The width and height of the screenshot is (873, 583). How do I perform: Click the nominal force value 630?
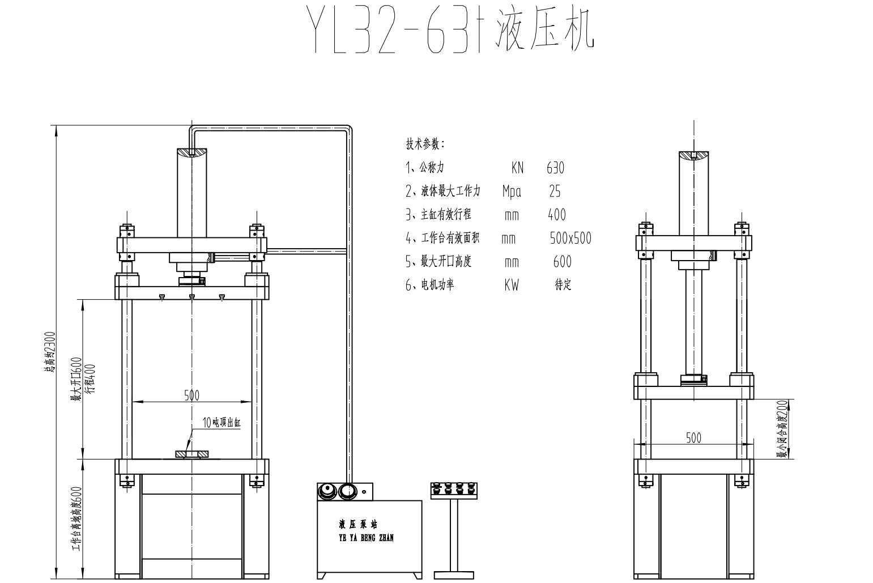(555, 168)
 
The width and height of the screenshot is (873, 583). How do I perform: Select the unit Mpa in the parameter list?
(511, 192)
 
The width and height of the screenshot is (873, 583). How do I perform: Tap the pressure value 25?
(555, 192)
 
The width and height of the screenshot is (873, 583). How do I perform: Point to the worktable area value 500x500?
(570, 238)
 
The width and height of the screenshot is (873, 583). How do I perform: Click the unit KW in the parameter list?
(511, 285)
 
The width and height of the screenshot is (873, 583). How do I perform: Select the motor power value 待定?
(563, 285)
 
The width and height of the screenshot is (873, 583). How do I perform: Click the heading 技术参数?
(425, 144)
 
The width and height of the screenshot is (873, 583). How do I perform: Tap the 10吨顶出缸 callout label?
(222, 422)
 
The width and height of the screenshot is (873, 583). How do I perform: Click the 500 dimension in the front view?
(191, 395)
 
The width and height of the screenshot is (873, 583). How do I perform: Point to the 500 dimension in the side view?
(693, 437)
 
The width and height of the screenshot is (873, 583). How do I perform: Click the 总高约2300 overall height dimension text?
(50, 351)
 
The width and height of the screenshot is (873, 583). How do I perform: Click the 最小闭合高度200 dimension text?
(782, 428)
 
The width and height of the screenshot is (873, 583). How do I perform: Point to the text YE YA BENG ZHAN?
(366, 537)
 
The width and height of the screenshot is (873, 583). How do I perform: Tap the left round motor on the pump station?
(327, 491)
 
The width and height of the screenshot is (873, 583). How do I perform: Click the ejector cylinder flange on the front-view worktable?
(192, 454)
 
